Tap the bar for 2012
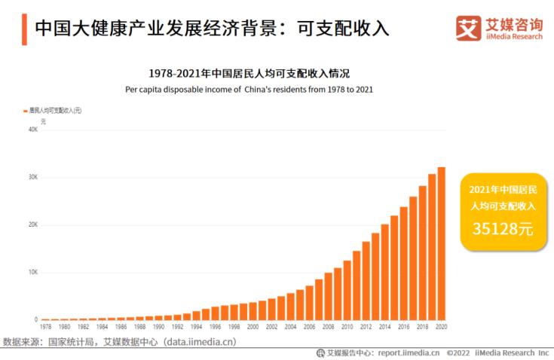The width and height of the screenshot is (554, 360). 366,280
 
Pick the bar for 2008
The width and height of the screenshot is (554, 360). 328,296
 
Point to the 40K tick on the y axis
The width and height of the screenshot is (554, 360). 33,130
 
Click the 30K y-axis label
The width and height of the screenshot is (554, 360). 33,177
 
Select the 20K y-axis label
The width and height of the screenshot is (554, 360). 33,224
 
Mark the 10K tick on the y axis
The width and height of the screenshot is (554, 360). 33,272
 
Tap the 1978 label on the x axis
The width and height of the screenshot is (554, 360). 45,328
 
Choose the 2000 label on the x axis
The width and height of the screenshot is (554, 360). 253,328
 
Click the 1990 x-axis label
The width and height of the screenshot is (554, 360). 158,328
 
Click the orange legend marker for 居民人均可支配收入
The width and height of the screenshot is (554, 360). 26,111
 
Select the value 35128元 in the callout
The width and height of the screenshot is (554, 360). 502,229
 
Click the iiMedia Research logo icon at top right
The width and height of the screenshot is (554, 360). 468,28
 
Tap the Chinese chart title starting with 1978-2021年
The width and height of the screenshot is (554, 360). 249,73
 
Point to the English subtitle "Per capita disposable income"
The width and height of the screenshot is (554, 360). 249,89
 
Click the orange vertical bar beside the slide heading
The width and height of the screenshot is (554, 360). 24,29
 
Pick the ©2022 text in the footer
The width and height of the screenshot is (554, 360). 459,352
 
